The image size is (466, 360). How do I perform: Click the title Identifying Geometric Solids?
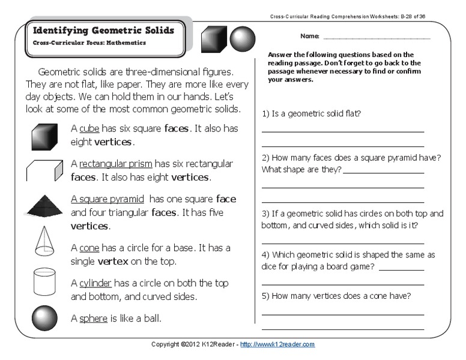(103, 31)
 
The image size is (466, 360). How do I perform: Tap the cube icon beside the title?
(214, 40)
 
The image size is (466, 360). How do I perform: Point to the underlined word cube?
(89, 128)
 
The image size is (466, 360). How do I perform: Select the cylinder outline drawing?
(44, 281)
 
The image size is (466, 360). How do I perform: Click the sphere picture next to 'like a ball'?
(44, 318)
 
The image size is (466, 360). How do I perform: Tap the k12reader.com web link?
(277, 344)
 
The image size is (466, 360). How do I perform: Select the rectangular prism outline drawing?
(44, 170)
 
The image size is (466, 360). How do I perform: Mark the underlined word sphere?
(93, 319)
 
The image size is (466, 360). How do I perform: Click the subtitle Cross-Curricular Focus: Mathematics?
(89, 43)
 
